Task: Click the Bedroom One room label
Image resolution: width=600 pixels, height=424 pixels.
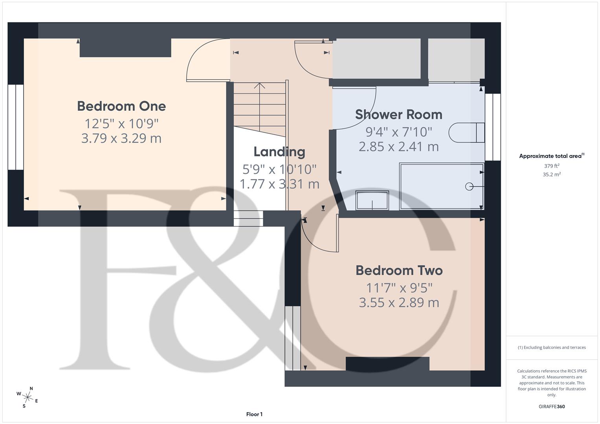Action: point(121,106)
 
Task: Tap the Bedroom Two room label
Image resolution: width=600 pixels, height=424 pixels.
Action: point(399,270)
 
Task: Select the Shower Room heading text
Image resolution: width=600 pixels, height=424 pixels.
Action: point(398,114)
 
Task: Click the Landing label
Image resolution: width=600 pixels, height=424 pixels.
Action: point(279,152)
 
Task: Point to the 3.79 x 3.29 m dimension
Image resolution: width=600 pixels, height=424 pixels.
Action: point(121,138)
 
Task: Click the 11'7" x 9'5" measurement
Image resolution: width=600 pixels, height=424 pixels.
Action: point(399,288)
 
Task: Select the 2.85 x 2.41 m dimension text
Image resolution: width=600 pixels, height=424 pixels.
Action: point(398,146)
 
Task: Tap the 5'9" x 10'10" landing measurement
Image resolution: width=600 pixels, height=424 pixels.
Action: point(279,169)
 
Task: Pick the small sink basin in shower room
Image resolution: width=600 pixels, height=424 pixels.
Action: point(372,200)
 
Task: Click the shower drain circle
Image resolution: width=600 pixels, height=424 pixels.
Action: point(469,186)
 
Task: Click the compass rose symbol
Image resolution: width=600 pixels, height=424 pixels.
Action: point(27,397)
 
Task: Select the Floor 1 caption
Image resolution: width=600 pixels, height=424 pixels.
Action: point(254,414)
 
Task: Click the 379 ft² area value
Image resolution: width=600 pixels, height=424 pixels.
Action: point(551,166)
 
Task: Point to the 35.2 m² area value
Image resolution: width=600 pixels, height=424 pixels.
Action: point(551,175)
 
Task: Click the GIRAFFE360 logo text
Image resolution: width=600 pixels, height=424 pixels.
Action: point(551,406)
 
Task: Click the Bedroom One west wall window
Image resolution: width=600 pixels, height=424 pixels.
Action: point(16,127)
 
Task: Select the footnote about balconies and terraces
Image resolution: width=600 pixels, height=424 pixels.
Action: point(551,347)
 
